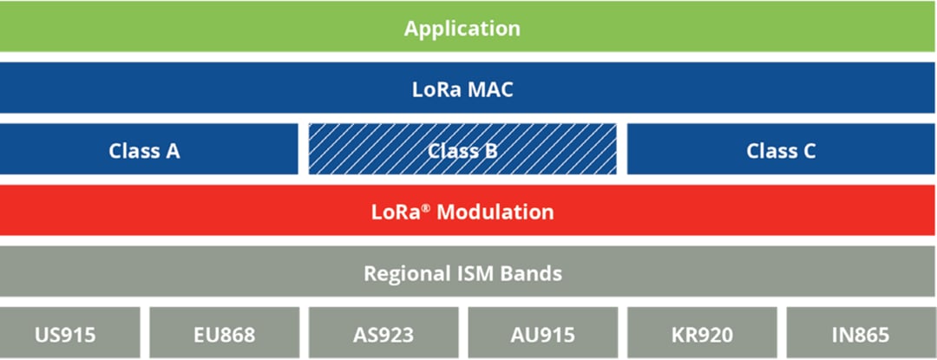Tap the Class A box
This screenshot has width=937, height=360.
[144, 150]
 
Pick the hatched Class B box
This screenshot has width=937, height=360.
[462, 150]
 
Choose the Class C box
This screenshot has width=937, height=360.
[781, 150]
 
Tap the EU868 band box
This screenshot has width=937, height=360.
[225, 334]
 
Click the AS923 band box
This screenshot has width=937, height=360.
[383, 334]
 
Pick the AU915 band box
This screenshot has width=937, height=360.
[542, 334]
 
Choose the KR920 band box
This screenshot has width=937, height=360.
[701, 334]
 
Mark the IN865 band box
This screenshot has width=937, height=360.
[860, 334]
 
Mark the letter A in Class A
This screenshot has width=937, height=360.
[172, 150]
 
